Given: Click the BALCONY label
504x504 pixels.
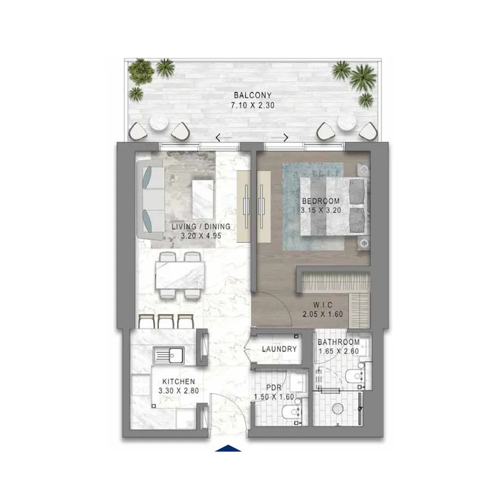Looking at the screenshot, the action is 253,95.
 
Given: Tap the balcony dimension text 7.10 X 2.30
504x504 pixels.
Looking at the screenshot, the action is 253,105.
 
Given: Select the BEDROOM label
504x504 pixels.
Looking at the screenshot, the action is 321,201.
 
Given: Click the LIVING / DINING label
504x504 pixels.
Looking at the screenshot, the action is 201,226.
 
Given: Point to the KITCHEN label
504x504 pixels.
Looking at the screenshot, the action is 179,382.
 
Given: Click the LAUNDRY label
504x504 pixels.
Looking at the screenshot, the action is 279,349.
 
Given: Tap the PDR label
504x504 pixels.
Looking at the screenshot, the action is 274,388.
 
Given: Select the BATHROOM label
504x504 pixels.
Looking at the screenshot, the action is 339,342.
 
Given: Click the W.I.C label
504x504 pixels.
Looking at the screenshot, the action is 323,305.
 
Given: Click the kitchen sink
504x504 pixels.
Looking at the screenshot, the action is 169,355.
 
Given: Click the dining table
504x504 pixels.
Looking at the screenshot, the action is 180,276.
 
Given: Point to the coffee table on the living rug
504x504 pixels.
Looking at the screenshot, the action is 203,199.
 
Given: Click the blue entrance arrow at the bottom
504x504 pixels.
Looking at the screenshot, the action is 228,448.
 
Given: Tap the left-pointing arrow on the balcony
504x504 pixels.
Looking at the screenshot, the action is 218,138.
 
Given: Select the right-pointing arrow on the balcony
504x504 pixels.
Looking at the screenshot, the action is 286,138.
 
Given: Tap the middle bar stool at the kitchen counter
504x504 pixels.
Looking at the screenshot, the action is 166,321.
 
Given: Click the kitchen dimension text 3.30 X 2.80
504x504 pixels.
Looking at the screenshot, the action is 179,391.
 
